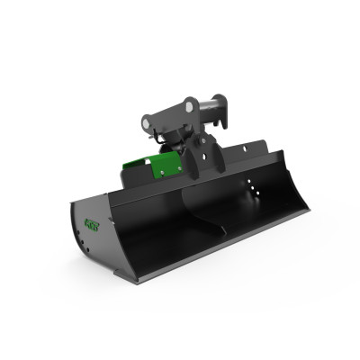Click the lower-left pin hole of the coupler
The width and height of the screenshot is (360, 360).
(149, 118)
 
